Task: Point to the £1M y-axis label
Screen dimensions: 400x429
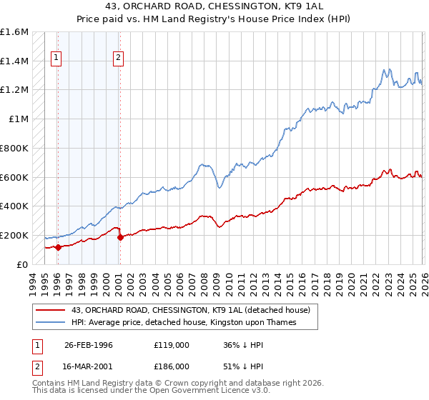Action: pyautogui.click(x=19, y=119)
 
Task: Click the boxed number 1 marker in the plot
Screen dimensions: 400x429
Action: pyautogui.click(x=56, y=59)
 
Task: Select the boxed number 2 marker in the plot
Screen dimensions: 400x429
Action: pyautogui.click(x=119, y=59)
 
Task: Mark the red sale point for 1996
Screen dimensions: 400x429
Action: pyautogui.click(x=57, y=247)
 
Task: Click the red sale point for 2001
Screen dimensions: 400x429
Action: pyautogui.click(x=119, y=237)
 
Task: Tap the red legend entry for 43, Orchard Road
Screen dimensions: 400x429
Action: pyautogui.click(x=190, y=311)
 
